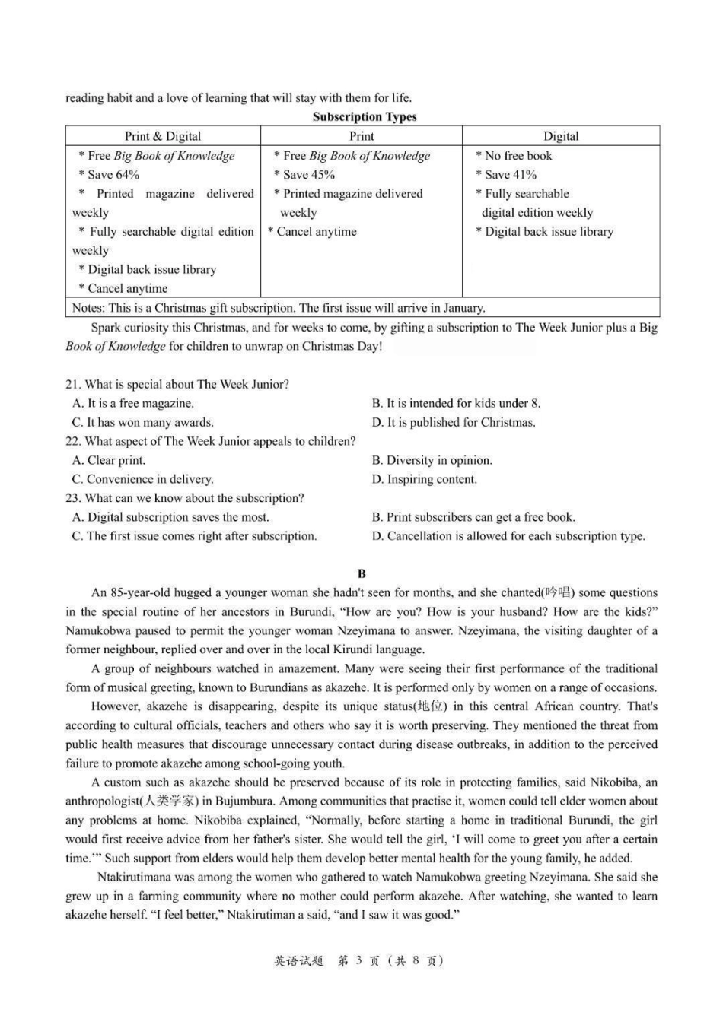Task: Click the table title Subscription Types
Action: [365, 116]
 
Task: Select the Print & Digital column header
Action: [163, 136]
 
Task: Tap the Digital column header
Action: [561, 136]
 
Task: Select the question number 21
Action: [73, 384]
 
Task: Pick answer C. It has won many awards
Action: [143, 422]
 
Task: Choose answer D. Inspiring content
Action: [425, 479]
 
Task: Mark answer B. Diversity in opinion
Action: [432, 460]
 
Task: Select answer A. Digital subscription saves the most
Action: [170, 517]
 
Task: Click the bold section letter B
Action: [361, 573]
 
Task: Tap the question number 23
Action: [73, 498]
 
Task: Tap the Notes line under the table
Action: [278, 308]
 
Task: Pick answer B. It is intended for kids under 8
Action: [457, 403]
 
